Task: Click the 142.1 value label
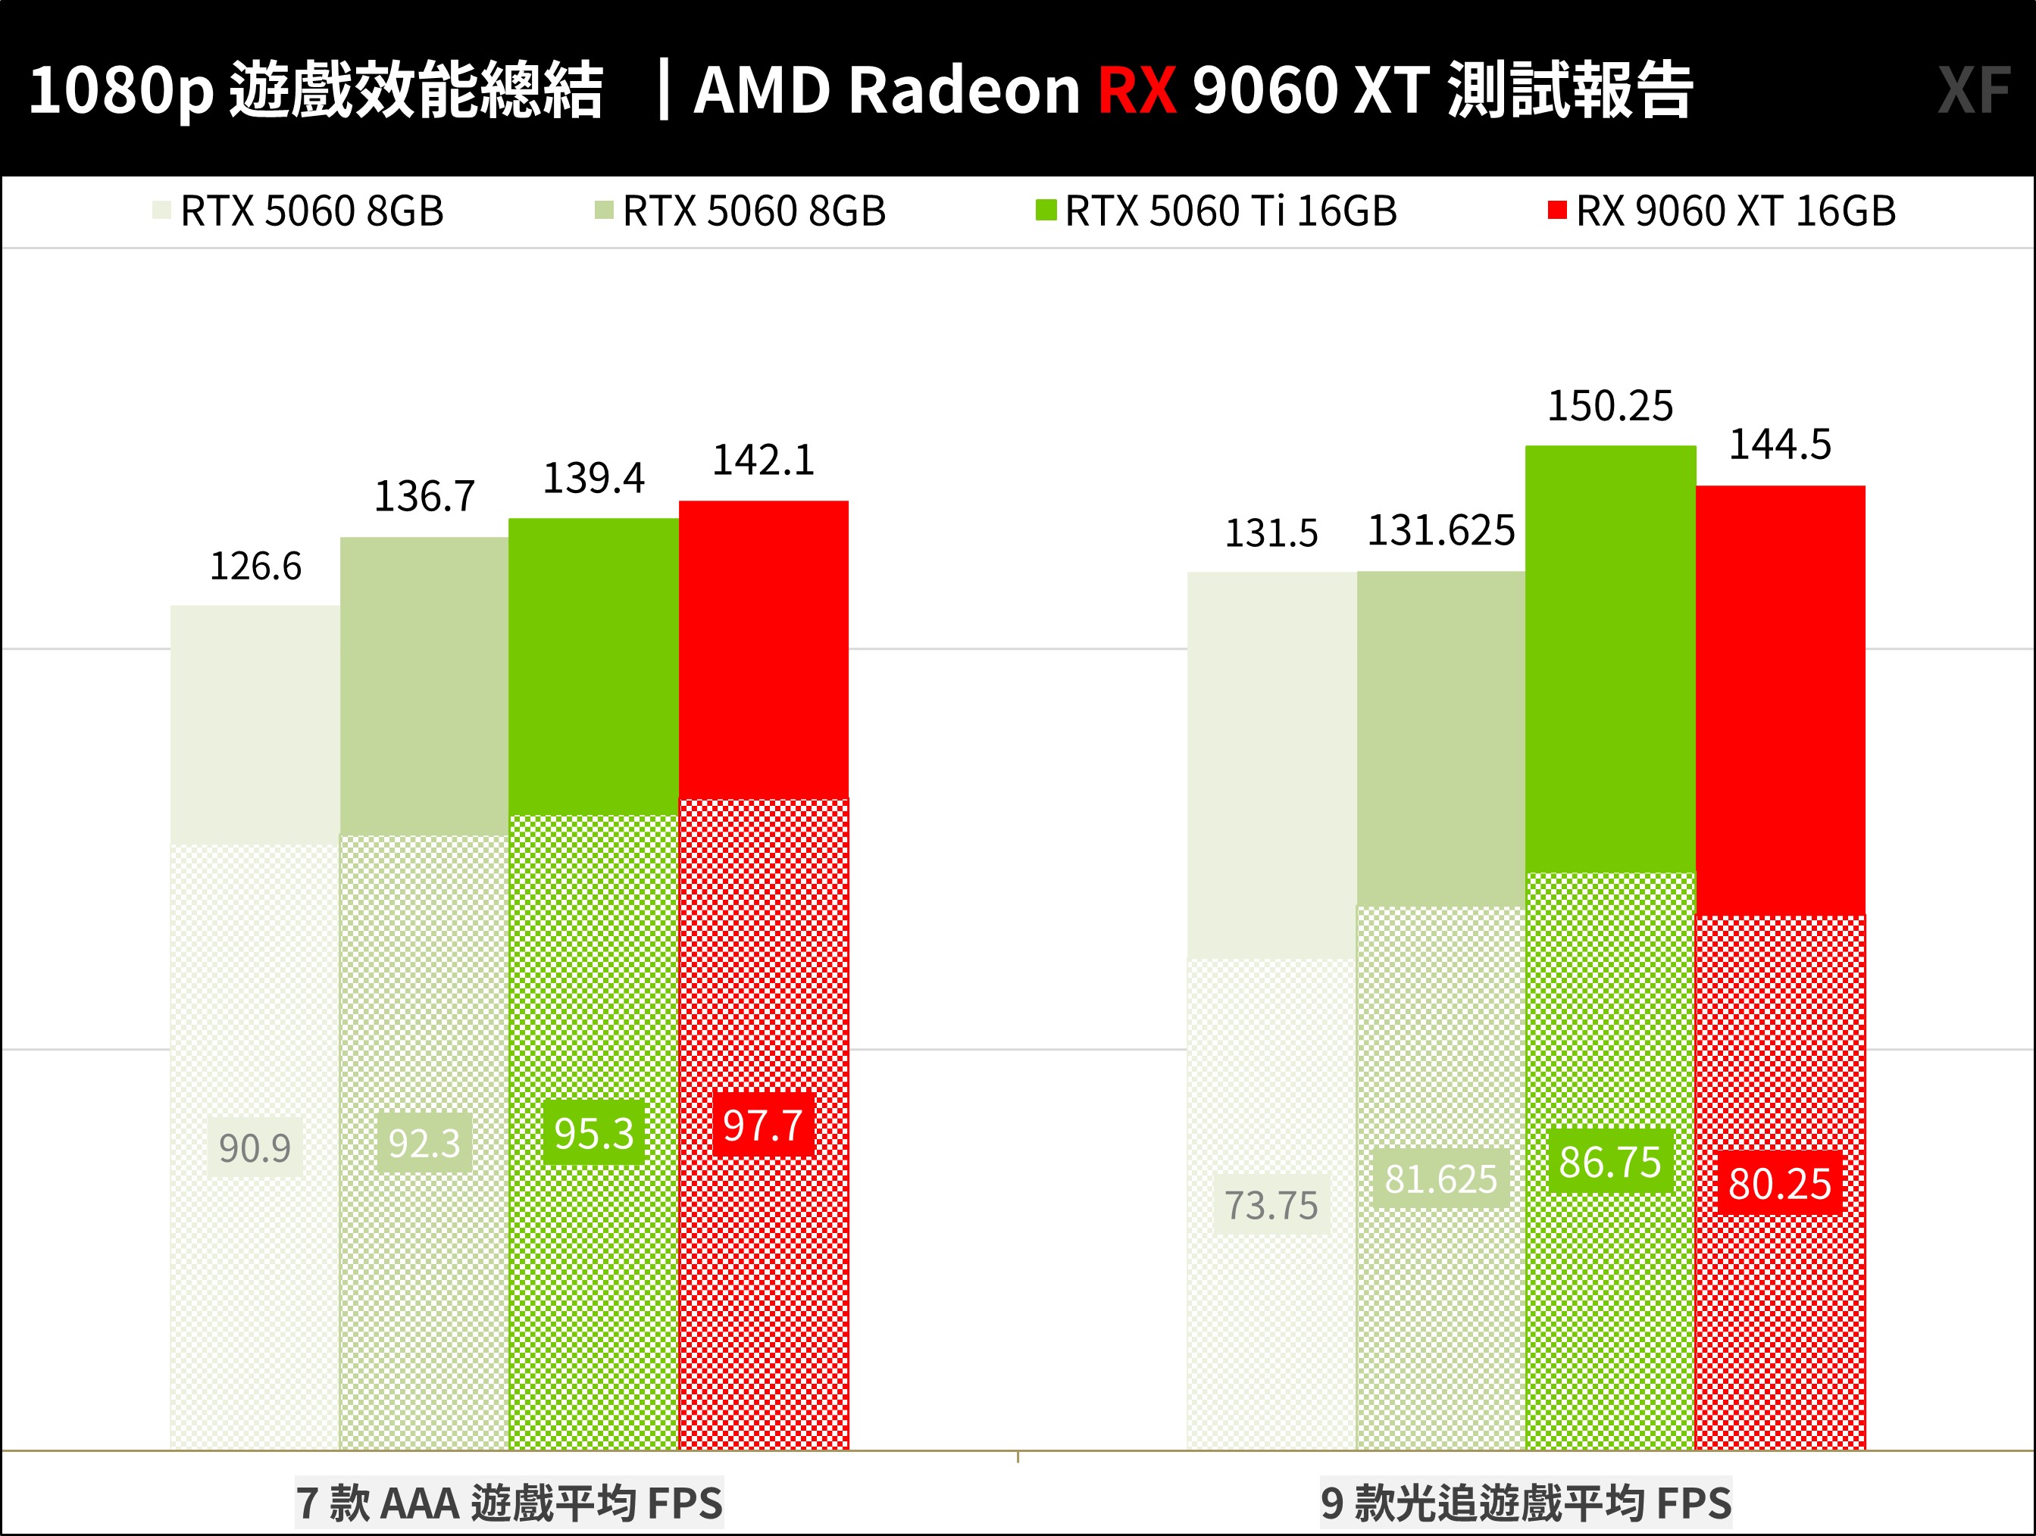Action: (x=763, y=460)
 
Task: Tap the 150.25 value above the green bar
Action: (x=1610, y=406)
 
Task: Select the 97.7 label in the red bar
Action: (x=763, y=1125)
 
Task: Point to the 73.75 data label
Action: (x=1271, y=1205)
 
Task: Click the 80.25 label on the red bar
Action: (x=1779, y=1184)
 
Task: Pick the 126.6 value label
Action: (x=255, y=566)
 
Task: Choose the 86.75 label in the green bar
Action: (x=1610, y=1161)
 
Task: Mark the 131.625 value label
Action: (x=1440, y=530)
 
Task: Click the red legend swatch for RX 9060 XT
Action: (x=1556, y=211)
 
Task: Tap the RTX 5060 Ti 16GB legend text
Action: (x=1231, y=211)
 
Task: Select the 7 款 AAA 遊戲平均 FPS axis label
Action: (x=509, y=1503)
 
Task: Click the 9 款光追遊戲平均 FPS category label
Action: (x=1525, y=1503)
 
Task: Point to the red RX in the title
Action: (x=1137, y=90)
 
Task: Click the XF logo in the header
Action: (x=1972, y=90)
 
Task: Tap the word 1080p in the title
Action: (x=120, y=90)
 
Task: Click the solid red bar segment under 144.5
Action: (x=1780, y=699)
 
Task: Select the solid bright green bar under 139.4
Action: (x=594, y=667)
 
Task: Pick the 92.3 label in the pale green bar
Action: (x=424, y=1143)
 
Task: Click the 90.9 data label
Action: (x=255, y=1147)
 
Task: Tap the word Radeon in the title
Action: (x=964, y=90)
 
